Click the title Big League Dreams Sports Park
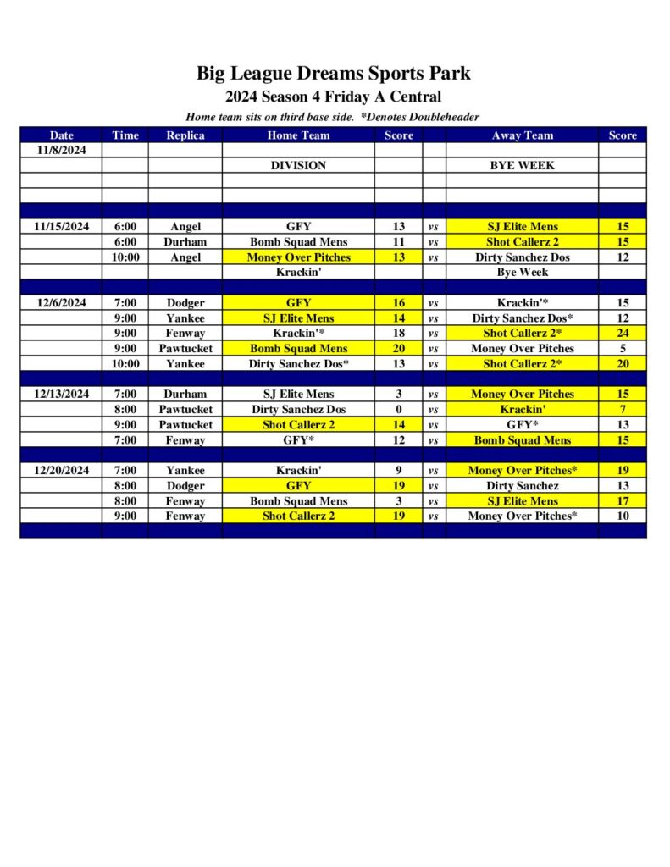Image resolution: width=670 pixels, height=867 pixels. [x=334, y=73]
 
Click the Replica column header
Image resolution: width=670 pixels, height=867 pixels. [x=185, y=135]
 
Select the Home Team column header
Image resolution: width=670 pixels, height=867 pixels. [x=298, y=135]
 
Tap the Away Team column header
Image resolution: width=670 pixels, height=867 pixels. [x=522, y=135]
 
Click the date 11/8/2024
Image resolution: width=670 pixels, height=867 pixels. [x=61, y=150]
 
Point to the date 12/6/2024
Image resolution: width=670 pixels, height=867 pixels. [x=61, y=302]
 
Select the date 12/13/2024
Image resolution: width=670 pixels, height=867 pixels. [x=61, y=394]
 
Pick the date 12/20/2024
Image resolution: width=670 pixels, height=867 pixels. [x=61, y=470]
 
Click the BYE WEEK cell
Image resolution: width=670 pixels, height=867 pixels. [x=522, y=165]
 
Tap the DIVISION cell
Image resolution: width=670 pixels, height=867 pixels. [x=298, y=165]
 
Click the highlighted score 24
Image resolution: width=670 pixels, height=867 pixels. [x=623, y=333]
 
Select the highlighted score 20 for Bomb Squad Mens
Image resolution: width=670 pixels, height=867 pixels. [x=399, y=348]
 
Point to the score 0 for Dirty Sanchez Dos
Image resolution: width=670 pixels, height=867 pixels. [x=399, y=409]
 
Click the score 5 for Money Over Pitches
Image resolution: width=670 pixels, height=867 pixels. [x=623, y=348]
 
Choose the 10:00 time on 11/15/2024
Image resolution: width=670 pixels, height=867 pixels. [x=125, y=257]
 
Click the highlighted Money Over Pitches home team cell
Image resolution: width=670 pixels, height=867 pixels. [x=298, y=257]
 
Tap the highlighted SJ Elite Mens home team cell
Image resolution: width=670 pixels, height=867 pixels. [x=298, y=318]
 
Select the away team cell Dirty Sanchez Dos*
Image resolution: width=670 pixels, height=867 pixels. [x=522, y=318]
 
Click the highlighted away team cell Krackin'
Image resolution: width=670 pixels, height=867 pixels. [x=522, y=409]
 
